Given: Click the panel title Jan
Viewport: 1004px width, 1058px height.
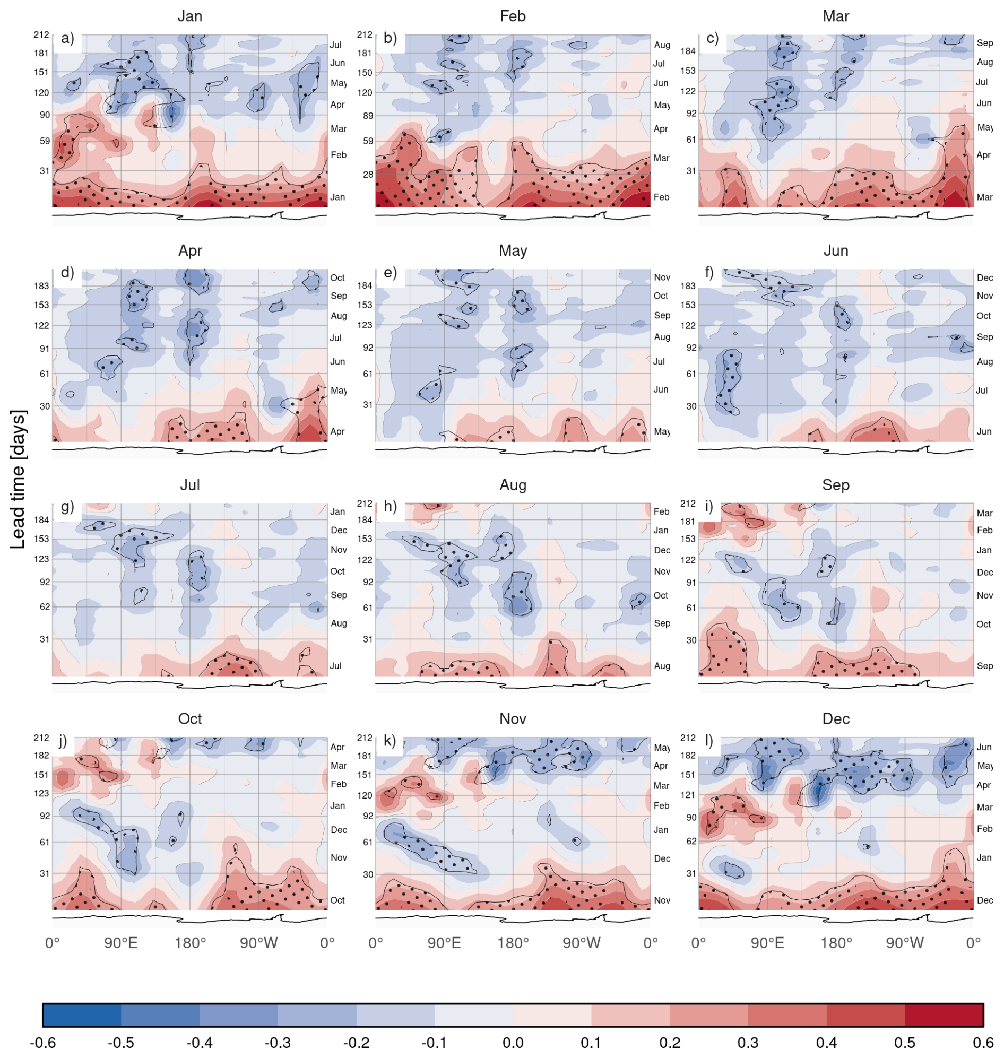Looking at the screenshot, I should coord(190,16).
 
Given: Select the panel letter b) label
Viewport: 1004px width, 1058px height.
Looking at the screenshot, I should coord(390,38).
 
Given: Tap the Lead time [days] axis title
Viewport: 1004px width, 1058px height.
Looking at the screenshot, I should coord(18,480).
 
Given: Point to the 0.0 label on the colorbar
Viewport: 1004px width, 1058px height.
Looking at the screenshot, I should coord(513,1042).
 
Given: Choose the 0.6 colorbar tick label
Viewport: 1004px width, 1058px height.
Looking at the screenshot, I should coord(983,1042).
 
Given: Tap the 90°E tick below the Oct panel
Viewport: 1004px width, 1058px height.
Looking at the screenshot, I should coord(121,942).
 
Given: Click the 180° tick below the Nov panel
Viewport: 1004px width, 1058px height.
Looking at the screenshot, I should coord(513,942).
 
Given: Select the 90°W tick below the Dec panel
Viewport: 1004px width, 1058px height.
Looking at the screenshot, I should coord(904,942).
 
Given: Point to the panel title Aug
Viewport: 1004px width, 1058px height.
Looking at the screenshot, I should coord(513,485).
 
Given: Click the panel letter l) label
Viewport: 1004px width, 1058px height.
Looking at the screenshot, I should coord(709,741).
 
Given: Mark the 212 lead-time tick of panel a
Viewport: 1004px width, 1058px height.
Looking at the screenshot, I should coord(41,35).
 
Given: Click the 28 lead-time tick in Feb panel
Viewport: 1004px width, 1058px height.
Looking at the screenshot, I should coord(368,174).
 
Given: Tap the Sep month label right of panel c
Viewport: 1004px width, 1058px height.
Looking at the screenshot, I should coord(985,43).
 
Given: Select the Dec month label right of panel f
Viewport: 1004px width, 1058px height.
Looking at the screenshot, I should coord(985,277).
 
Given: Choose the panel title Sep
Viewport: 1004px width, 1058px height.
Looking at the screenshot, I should coord(835,485).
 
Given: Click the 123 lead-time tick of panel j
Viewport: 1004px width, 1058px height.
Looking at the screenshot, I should coord(41,793).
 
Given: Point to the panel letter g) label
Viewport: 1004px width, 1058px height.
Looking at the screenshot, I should coord(67,506).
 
